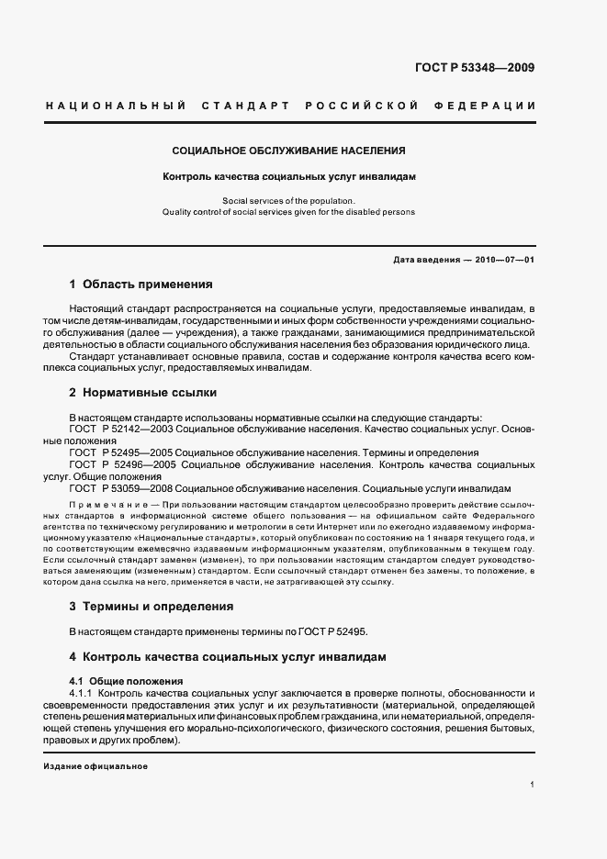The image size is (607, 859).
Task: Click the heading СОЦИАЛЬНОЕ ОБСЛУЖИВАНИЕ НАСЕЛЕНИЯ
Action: [x=289, y=150]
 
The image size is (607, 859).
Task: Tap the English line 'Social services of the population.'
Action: [x=289, y=200]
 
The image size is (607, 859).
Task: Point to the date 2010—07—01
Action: [x=505, y=260]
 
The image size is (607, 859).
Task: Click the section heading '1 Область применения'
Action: [x=141, y=284]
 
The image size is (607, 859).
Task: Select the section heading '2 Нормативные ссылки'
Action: [x=142, y=393]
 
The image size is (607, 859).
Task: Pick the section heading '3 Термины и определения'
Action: [x=151, y=607]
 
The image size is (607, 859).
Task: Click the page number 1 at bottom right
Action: [x=533, y=785]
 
